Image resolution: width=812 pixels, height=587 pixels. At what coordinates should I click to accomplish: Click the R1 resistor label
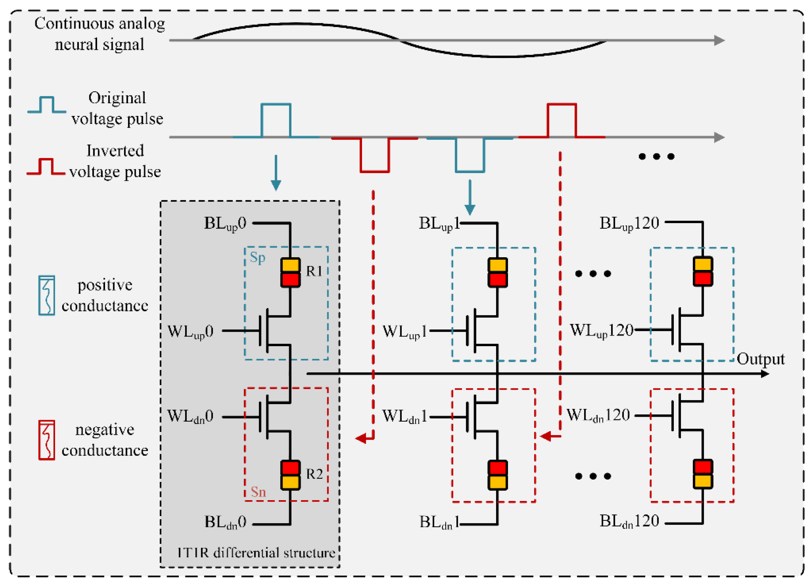(x=314, y=271)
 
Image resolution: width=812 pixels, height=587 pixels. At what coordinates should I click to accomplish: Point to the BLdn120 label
(x=629, y=521)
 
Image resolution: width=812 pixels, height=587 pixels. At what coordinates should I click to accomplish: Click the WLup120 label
(x=601, y=330)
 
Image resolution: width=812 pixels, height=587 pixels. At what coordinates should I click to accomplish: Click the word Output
(x=760, y=359)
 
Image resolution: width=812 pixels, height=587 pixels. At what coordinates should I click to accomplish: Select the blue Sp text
(x=257, y=257)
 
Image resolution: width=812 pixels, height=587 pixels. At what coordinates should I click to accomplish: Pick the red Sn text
(x=258, y=492)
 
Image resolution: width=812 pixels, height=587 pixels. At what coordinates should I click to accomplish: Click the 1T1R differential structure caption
(x=256, y=553)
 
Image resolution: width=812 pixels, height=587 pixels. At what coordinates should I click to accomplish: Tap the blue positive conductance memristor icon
(x=47, y=295)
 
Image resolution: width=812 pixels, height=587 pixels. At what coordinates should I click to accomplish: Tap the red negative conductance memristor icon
(x=47, y=440)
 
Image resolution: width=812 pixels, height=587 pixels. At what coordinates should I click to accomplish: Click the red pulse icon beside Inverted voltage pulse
(x=46, y=167)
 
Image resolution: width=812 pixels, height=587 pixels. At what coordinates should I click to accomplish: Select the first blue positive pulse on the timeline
(x=276, y=120)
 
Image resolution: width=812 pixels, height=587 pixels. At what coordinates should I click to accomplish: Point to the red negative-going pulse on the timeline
(x=374, y=155)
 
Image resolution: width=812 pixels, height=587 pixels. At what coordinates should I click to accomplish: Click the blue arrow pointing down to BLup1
(x=470, y=197)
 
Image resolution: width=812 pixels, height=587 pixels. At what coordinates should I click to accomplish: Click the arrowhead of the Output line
(x=764, y=374)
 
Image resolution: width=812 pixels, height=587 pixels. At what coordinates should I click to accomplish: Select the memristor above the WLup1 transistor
(x=498, y=272)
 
